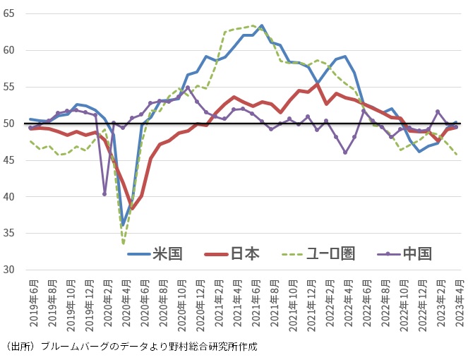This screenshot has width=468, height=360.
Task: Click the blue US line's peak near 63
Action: pos(262,25)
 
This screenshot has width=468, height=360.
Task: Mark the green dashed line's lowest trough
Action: pos(124,244)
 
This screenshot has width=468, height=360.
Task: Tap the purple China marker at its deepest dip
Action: pos(104,193)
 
